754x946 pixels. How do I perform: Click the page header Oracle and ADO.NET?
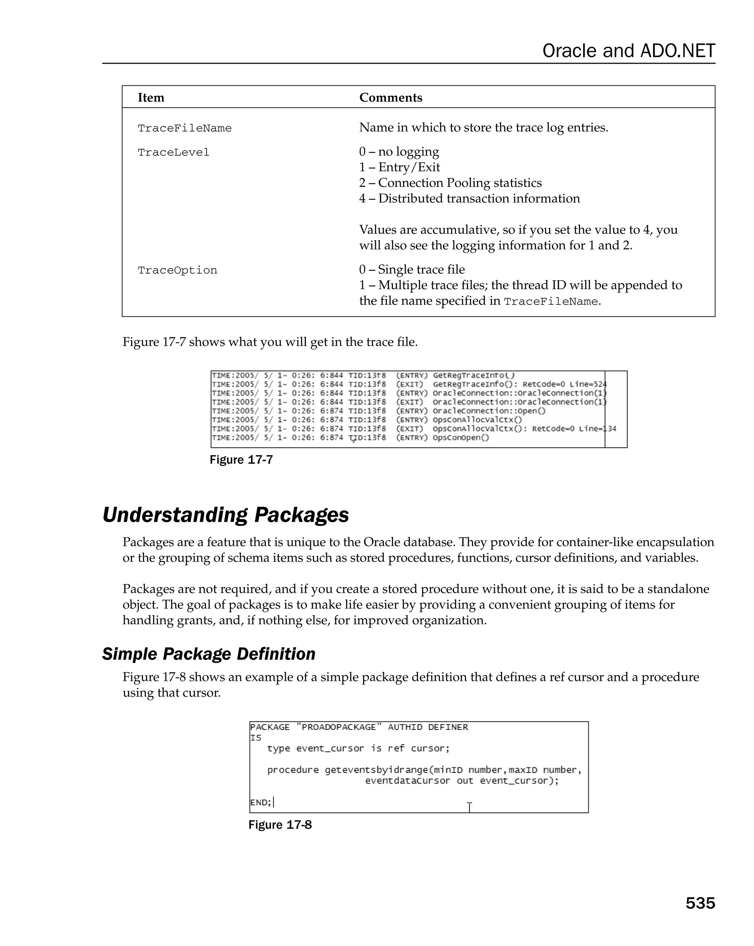coord(628,51)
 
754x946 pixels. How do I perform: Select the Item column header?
coord(151,98)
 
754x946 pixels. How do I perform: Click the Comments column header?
coord(390,98)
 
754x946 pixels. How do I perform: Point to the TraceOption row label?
coord(177,270)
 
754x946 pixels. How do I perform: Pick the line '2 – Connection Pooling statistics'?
coord(450,183)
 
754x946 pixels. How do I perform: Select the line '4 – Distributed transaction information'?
coord(469,198)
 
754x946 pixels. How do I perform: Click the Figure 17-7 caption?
coord(241,460)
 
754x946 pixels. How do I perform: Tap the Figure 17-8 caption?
coord(280,824)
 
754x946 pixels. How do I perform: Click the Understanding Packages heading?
coord(225,515)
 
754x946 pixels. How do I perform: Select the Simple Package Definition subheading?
coord(209,654)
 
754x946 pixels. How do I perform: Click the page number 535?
coord(700,903)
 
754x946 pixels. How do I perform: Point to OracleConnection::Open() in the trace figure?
coord(489,411)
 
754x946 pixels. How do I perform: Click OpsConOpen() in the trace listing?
coord(461,437)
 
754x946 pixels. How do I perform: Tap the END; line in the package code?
coord(261,802)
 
